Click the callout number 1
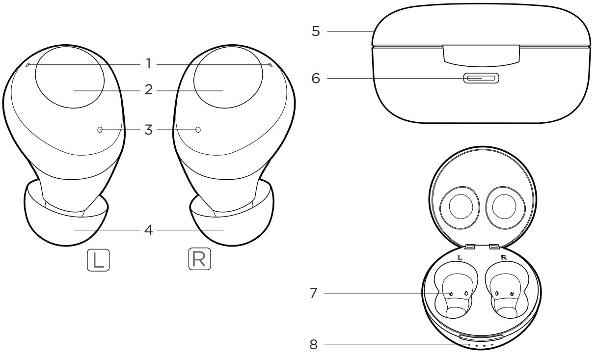click(148, 64)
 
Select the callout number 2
click(148, 91)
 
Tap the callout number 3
click(148, 130)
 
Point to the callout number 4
click(148, 229)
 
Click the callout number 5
click(316, 32)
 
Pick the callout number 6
click(316, 78)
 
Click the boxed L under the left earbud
click(99, 260)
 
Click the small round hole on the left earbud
click(100, 130)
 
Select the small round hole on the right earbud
click(198, 130)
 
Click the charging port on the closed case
click(481, 78)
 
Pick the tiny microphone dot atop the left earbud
click(27, 64)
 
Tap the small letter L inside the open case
click(459, 257)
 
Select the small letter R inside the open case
click(503, 257)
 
